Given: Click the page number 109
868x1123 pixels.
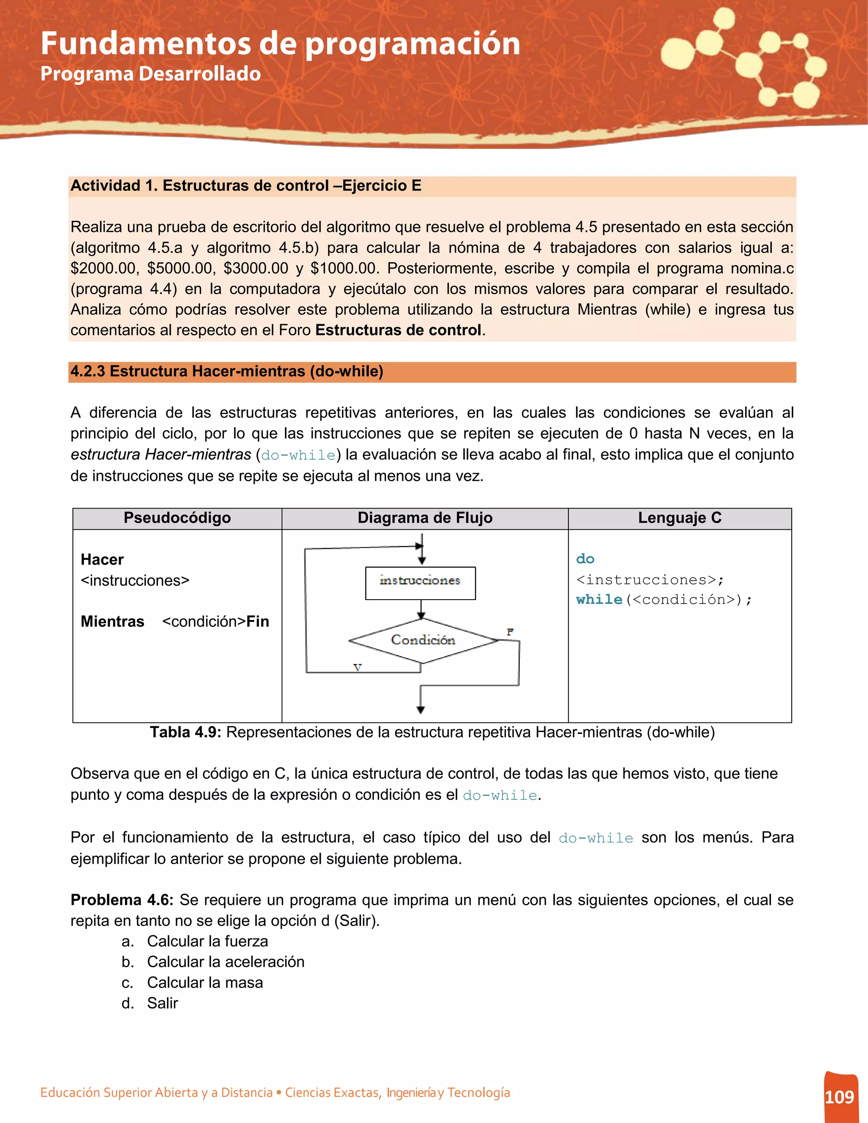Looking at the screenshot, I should click(839, 1097).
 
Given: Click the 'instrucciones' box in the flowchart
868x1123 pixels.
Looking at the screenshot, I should click(420, 583).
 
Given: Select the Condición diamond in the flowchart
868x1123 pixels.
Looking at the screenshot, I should click(423, 640).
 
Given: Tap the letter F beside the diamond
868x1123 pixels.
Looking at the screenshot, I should click(509, 632).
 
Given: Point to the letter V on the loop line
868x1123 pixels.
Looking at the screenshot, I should click(357, 667).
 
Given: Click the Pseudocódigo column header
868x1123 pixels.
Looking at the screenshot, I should click(177, 518).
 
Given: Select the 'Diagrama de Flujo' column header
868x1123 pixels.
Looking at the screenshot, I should click(425, 518).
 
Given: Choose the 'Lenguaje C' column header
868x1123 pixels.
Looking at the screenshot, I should click(679, 518).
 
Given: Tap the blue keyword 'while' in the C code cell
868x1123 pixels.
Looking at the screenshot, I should click(599, 600).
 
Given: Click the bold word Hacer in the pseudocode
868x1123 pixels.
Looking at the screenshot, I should click(102, 559).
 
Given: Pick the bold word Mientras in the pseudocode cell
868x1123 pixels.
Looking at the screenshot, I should click(112, 621).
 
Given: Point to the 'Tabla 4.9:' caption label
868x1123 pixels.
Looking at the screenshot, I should click(185, 732).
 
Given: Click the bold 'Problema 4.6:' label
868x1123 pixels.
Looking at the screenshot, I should click(122, 900).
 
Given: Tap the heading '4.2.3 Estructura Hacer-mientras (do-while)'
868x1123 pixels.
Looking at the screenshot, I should click(227, 371).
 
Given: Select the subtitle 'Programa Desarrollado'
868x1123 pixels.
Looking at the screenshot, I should click(150, 74).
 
